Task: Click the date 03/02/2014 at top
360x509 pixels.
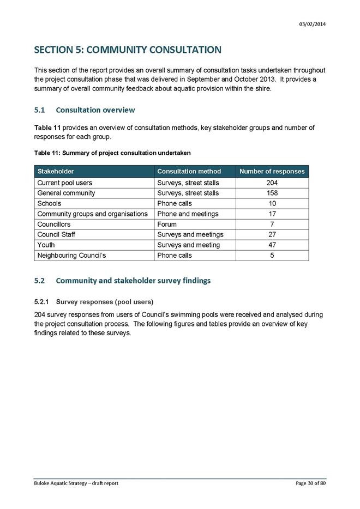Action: [313, 23]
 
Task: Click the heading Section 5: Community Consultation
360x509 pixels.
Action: [128, 50]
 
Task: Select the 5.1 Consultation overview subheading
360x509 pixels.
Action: [85, 110]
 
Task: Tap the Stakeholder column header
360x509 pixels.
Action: [56, 171]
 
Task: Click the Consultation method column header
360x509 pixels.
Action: [189, 171]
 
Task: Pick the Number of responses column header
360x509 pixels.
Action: [272, 171]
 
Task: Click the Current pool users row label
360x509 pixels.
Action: [64, 183]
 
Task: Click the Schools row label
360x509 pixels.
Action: [49, 203]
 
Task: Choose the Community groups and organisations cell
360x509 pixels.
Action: [92, 214]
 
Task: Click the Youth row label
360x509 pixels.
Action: [46, 245]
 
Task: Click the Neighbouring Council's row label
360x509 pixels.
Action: [67, 255]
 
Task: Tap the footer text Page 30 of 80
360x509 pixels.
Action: [309, 483]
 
